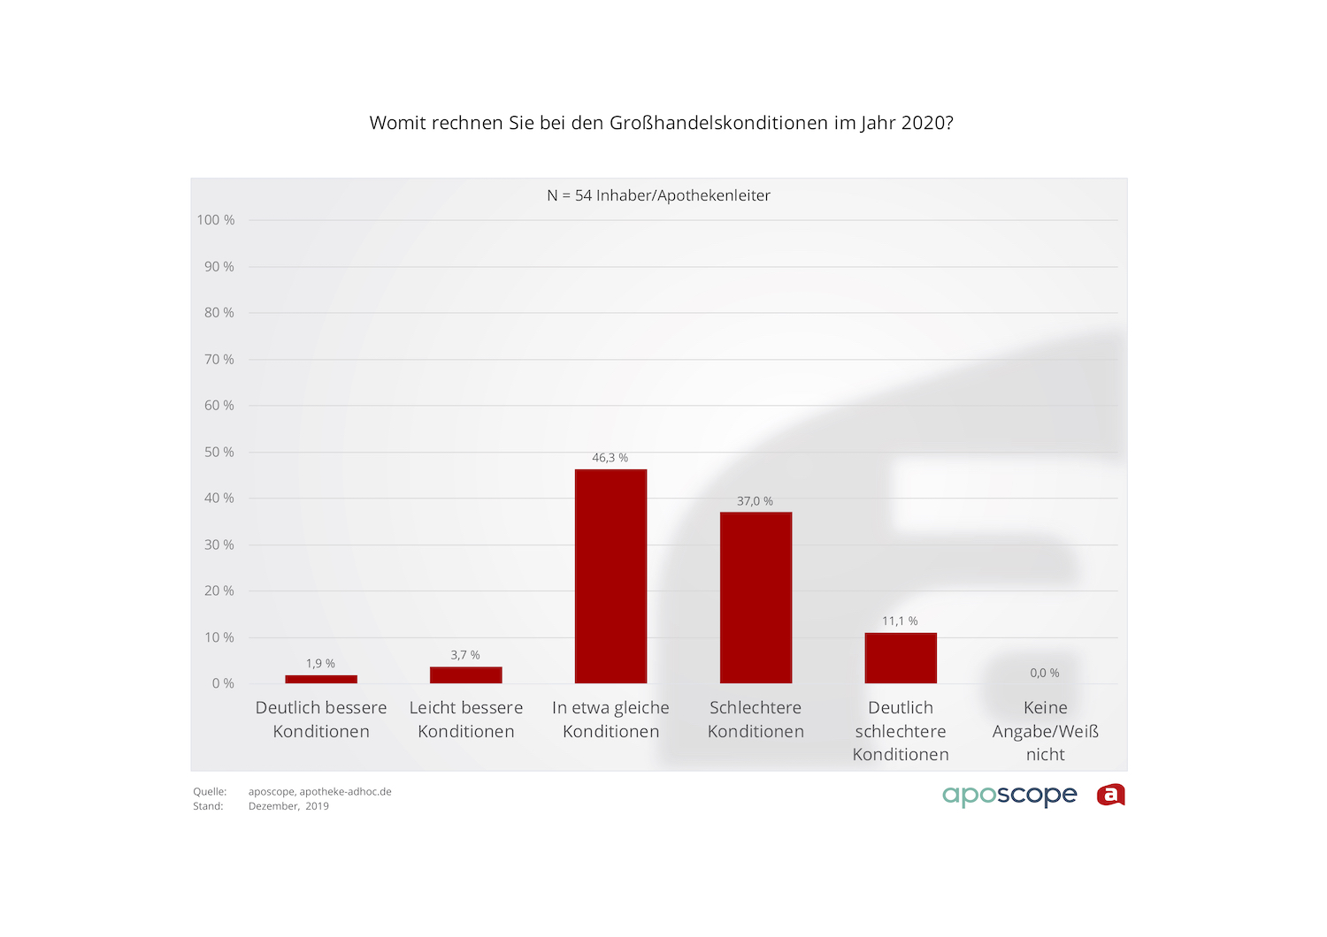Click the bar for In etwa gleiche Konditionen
coord(610,576)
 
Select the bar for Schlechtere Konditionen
coord(756,598)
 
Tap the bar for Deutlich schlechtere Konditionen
coord(901,658)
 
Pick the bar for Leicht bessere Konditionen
coord(465,675)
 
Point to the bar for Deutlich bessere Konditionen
coord(321,679)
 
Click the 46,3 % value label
coord(610,458)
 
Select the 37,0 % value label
coord(755,501)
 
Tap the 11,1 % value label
coord(900,621)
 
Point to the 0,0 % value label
coord(1045,673)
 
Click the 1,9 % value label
coord(320,664)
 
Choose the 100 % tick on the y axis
coord(216,220)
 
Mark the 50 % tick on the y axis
coord(219,452)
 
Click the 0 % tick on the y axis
coord(223,683)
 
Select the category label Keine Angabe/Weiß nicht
coord(1046,731)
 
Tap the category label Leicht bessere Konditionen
coord(466,720)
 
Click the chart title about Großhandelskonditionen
coord(662,123)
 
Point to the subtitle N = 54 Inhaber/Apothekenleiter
coord(659,195)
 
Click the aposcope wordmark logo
coord(1009,795)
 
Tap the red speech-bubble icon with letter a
coord(1111,795)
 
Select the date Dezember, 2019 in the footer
coord(288,806)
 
